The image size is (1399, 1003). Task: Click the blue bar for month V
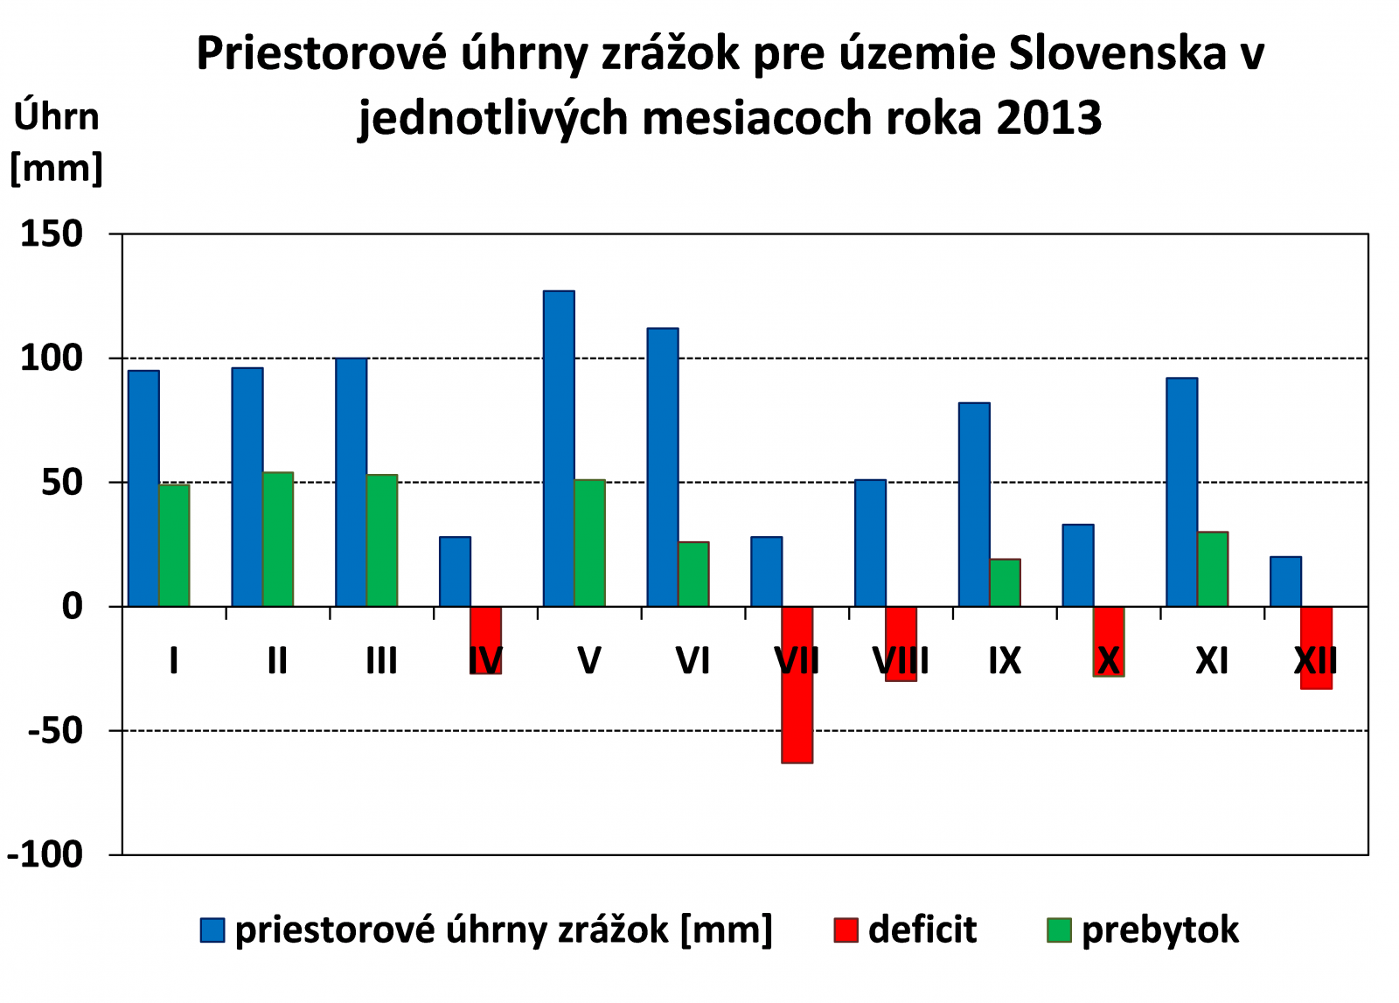coord(559,448)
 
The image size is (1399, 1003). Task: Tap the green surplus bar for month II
coord(278,539)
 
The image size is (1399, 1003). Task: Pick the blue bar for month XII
coord(1285,581)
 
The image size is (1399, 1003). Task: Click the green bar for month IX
coord(1006,582)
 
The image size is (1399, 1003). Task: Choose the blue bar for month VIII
coord(870,542)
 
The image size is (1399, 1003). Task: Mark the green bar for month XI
coord(1213,568)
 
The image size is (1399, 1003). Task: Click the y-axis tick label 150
coord(52,234)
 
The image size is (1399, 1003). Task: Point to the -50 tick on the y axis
coord(55,730)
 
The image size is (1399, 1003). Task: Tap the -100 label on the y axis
coord(45,854)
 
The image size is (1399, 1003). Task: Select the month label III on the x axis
coord(381,661)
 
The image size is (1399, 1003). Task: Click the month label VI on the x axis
coord(693,661)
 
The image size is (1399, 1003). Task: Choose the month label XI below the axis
coord(1212,661)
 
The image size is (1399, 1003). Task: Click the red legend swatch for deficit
coord(846,930)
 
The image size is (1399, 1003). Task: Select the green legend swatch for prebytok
coord(1059,930)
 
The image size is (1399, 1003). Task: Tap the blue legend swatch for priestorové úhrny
coord(212,930)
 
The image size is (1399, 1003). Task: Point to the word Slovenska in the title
coord(1117,54)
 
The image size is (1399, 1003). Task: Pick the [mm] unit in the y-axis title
coord(56,167)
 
